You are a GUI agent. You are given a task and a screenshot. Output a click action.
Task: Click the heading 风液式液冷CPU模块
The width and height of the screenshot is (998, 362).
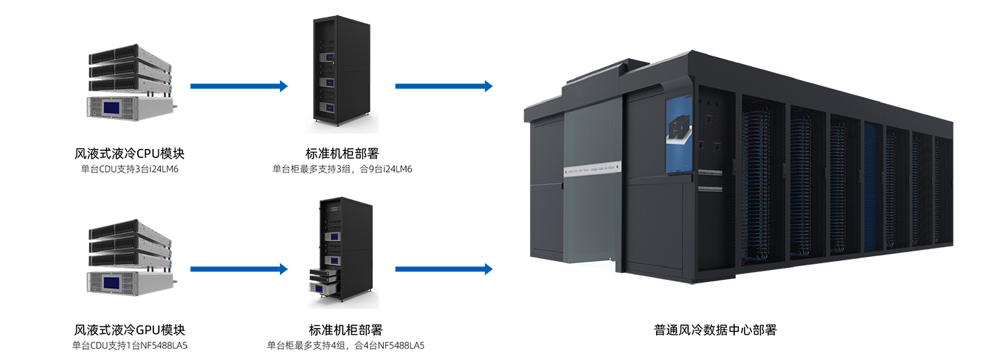pyautogui.click(x=129, y=153)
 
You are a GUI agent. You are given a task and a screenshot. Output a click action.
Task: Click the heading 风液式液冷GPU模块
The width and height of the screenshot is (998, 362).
pyautogui.click(x=129, y=330)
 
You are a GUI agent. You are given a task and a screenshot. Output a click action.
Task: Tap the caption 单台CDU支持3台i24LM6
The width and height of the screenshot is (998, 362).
pyautogui.click(x=130, y=169)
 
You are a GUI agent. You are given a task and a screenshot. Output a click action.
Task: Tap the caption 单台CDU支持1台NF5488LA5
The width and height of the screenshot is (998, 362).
pyautogui.click(x=130, y=345)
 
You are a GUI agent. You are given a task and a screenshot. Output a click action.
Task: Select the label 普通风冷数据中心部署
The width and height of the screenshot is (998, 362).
pyautogui.click(x=715, y=330)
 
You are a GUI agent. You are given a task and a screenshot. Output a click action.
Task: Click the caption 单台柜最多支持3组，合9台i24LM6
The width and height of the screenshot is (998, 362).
pyautogui.click(x=342, y=169)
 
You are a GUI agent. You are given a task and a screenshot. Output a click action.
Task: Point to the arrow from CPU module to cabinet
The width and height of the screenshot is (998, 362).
pyautogui.click(x=238, y=86)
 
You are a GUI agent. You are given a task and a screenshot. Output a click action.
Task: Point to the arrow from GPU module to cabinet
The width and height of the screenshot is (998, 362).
pyautogui.click(x=238, y=269)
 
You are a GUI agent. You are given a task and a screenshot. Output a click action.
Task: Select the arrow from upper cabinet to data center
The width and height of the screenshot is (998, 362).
pyautogui.click(x=444, y=86)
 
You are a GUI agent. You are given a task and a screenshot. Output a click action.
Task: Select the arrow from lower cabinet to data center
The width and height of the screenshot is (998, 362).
pyautogui.click(x=444, y=269)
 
